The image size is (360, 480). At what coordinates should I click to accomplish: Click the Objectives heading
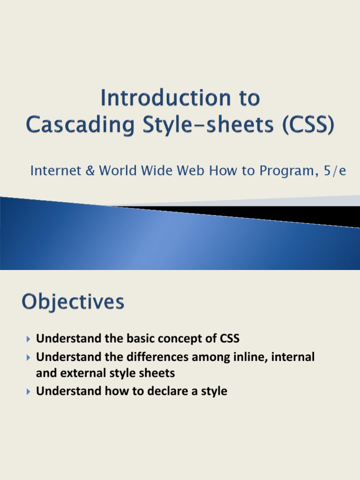(x=73, y=302)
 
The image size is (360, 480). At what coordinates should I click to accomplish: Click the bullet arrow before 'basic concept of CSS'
(x=28, y=338)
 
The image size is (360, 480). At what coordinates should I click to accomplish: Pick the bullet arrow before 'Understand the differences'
(x=28, y=358)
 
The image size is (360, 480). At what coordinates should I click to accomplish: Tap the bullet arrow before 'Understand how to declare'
(x=28, y=391)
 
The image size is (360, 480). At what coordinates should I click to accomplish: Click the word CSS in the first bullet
(x=229, y=338)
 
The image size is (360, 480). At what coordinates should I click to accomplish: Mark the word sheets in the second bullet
(x=156, y=374)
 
